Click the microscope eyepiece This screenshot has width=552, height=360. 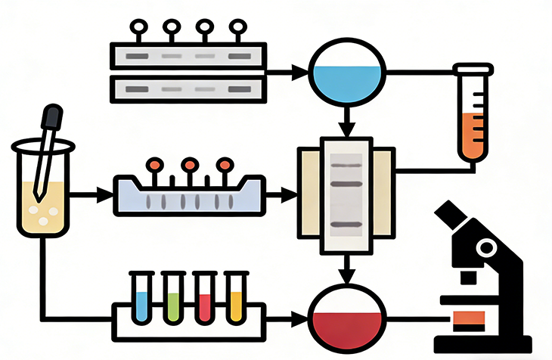(x=452, y=216)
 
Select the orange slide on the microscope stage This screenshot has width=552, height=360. (x=469, y=318)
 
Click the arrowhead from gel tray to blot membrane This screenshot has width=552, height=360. (x=292, y=196)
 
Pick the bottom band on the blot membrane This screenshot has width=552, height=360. (x=347, y=225)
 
